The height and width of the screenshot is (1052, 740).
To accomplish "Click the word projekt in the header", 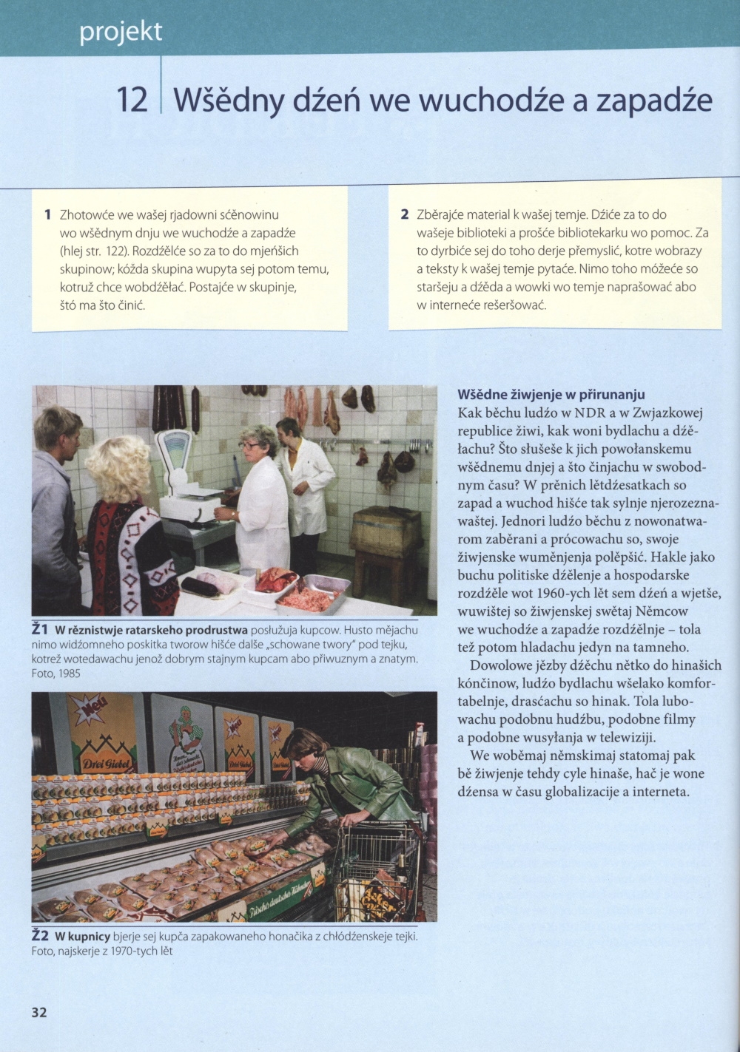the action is tap(121, 33).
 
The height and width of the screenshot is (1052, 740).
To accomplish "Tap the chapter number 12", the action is tap(132, 100).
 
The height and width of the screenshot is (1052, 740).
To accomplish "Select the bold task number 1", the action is tap(47, 215).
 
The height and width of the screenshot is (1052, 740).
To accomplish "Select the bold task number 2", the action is tap(404, 215).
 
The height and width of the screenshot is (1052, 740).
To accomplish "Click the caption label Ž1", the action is tap(41, 629).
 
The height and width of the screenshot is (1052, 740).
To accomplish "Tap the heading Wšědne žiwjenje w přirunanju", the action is tap(551, 394).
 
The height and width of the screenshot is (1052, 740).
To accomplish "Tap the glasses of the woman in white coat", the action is tap(249, 444).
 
